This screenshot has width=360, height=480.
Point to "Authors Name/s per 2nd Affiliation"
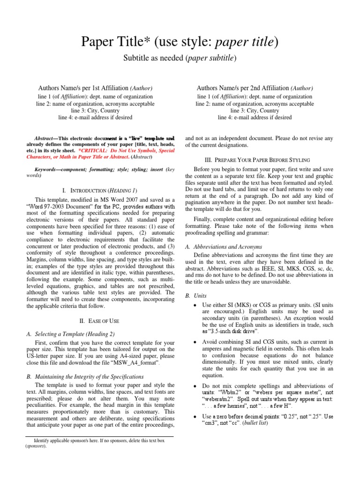point(242,88)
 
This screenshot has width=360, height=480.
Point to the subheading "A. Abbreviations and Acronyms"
point(224,247)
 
